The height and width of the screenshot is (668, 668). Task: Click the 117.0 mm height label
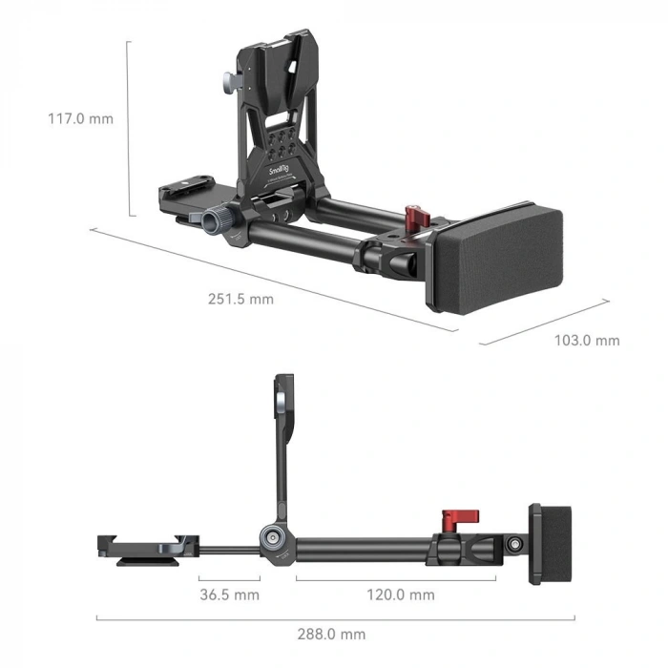click(x=80, y=119)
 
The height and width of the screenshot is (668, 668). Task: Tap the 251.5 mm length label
click(x=240, y=299)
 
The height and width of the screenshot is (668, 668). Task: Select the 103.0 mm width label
click(x=587, y=341)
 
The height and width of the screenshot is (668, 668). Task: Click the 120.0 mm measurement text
click(x=402, y=595)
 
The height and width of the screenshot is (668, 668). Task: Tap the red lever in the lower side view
click(x=450, y=521)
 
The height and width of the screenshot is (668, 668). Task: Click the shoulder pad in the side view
click(x=551, y=545)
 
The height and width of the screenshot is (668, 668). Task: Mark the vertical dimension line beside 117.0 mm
click(x=129, y=128)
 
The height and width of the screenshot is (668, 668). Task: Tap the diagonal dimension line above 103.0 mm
click(x=544, y=322)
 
